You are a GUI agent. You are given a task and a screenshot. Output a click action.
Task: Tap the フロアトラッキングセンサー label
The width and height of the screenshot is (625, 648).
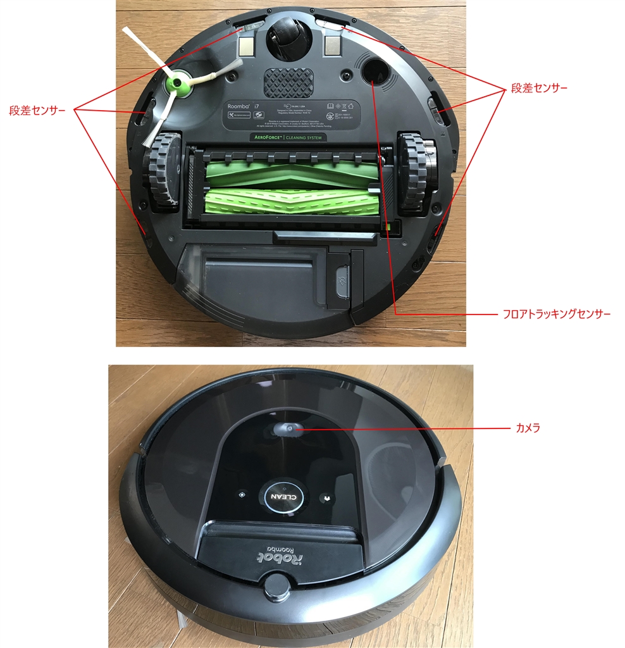(x=556, y=314)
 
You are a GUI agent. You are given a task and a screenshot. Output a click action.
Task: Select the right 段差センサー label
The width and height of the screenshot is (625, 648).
(x=539, y=89)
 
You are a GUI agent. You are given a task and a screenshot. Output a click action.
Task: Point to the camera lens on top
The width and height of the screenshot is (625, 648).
(x=286, y=430)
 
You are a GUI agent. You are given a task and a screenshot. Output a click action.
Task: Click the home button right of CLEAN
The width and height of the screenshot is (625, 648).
(x=326, y=497)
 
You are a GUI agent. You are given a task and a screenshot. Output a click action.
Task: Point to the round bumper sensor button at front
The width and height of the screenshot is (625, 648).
(x=276, y=586)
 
